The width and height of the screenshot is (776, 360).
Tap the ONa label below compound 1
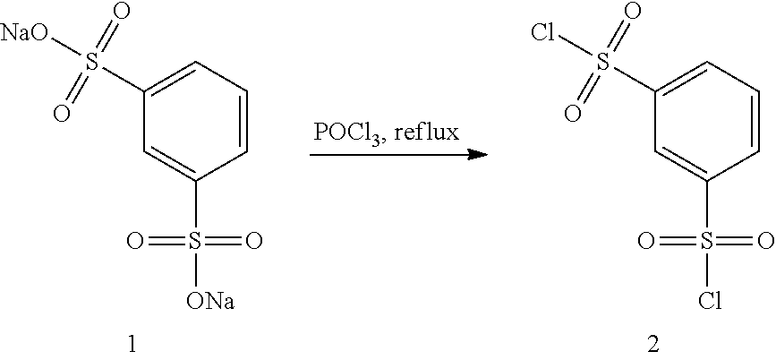[x=210, y=300]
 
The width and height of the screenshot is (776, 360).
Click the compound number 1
[x=132, y=345]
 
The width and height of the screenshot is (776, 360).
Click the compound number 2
[x=652, y=345]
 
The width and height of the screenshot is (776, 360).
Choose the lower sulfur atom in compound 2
[x=707, y=241]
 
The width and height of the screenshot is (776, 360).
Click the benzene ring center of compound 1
[x=195, y=121]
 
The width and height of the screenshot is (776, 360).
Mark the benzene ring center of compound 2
[x=707, y=121]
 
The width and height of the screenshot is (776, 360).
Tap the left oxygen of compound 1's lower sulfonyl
[x=134, y=241]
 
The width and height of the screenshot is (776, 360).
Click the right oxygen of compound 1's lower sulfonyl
[x=253, y=241]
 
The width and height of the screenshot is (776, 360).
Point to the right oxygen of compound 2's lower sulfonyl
[x=765, y=241]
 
